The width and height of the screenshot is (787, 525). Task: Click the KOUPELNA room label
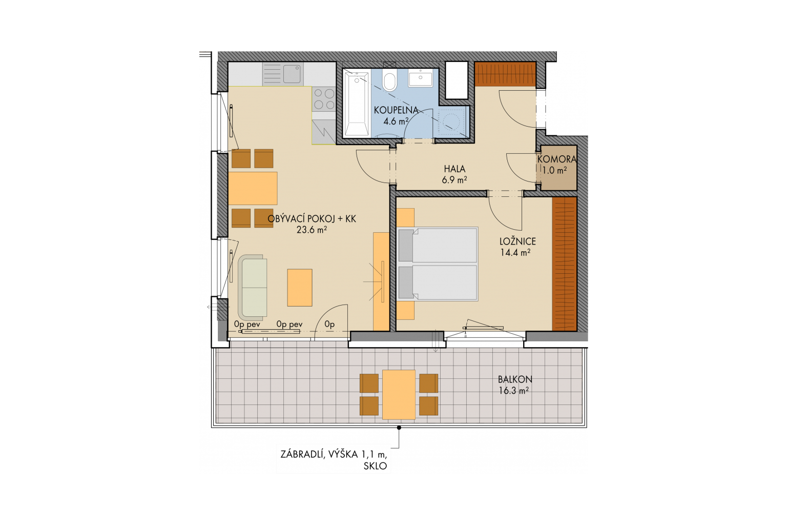tap(396, 110)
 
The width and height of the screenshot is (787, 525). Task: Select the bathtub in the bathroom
tap(357, 104)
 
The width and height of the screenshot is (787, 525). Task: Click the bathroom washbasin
tap(420, 78)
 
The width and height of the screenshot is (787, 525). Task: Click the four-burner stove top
tap(324, 99)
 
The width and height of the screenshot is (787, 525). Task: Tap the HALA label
tap(454, 169)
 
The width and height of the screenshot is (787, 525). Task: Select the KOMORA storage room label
tap(557, 159)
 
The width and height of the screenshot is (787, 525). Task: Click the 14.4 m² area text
tap(515, 252)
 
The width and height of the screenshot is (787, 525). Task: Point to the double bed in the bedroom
tap(438, 264)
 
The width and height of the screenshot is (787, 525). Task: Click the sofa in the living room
tap(253, 288)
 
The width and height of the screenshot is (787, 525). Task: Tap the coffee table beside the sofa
tap(300, 288)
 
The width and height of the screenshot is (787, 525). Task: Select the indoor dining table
tap(253, 188)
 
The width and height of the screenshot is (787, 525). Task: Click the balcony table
tap(399, 395)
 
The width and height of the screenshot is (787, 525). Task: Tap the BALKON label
tap(515, 379)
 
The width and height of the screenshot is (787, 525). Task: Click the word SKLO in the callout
tap(375, 466)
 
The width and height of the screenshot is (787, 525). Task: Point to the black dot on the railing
tap(399, 428)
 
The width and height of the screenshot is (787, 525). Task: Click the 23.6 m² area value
tap(312, 230)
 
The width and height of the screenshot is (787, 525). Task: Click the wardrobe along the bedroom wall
tap(564, 264)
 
